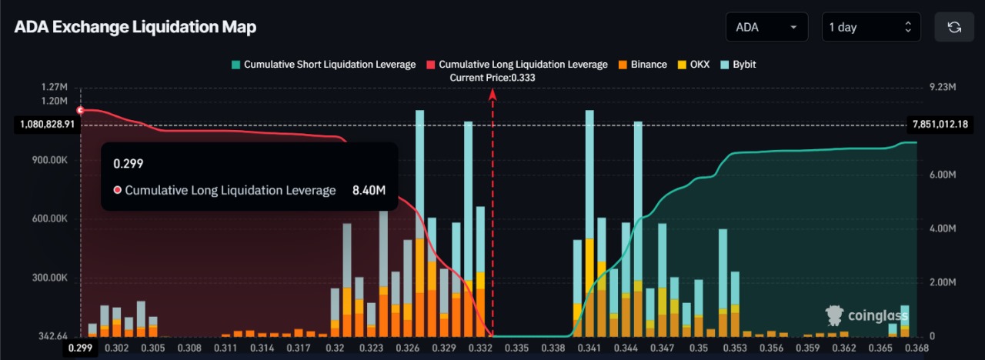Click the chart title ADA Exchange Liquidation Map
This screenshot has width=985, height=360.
tap(135, 27)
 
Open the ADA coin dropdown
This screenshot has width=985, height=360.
tap(766, 27)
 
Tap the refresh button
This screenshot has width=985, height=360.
tap(954, 27)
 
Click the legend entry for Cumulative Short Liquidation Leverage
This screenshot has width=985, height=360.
tap(323, 65)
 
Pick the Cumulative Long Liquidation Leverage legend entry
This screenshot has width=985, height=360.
tap(516, 65)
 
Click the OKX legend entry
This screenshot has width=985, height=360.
tap(693, 65)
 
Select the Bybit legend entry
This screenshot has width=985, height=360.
tap(738, 65)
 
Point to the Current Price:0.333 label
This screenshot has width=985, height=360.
tap(492, 77)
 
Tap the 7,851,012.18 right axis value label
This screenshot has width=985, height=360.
tap(939, 124)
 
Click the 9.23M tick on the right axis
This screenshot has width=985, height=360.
tap(942, 88)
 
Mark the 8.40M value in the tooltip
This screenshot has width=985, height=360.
tap(369, 190)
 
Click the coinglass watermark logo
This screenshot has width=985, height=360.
tap(866, 315)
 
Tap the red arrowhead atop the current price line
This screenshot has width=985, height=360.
tap(492, 94)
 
